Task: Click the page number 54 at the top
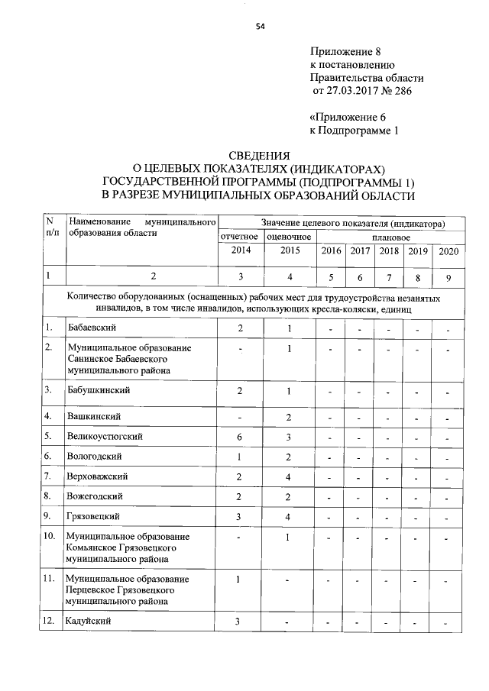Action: tap(260, 26)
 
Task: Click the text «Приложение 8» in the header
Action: tap(345, 51)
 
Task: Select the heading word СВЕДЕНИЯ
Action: tap(260, 155)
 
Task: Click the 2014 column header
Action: tap(241, 250)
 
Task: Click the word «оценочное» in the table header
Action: tap(290, 237)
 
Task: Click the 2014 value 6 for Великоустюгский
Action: tap(240, 436)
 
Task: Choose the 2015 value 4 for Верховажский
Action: tap(290, 476)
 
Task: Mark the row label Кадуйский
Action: tap(89, 620)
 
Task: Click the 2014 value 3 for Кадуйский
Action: tap(239, 620)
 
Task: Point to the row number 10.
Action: tap(50, 536)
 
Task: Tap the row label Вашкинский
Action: tap(93, 416)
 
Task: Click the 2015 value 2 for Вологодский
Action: tap(290, 457)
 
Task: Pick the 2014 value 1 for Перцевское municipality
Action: tap(239, 579)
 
